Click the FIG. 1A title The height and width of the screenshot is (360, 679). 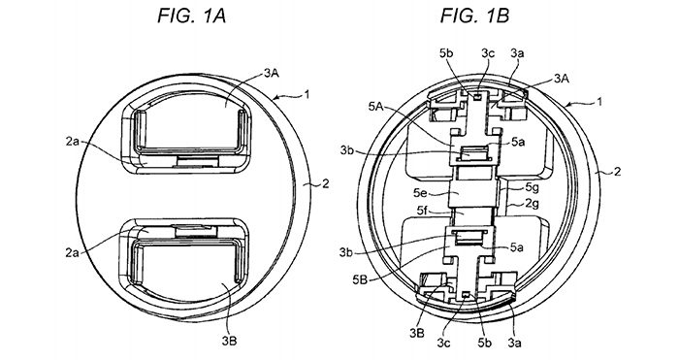[x=191, y=16]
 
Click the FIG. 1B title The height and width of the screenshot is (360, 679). [x=475, y=16]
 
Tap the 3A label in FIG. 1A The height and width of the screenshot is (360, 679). [x=272, y=74]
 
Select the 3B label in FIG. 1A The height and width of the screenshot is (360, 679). [x=229, y=341]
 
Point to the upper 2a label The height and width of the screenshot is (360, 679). [x=73, y=142]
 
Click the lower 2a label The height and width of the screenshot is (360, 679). [x=73, y=252]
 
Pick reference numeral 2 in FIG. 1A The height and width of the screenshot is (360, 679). [x=325, y=183]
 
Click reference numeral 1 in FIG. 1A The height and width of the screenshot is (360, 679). [x=307, y=93]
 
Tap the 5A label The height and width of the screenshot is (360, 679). [x=376, y=106]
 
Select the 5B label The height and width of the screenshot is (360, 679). [x=360, y=279]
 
